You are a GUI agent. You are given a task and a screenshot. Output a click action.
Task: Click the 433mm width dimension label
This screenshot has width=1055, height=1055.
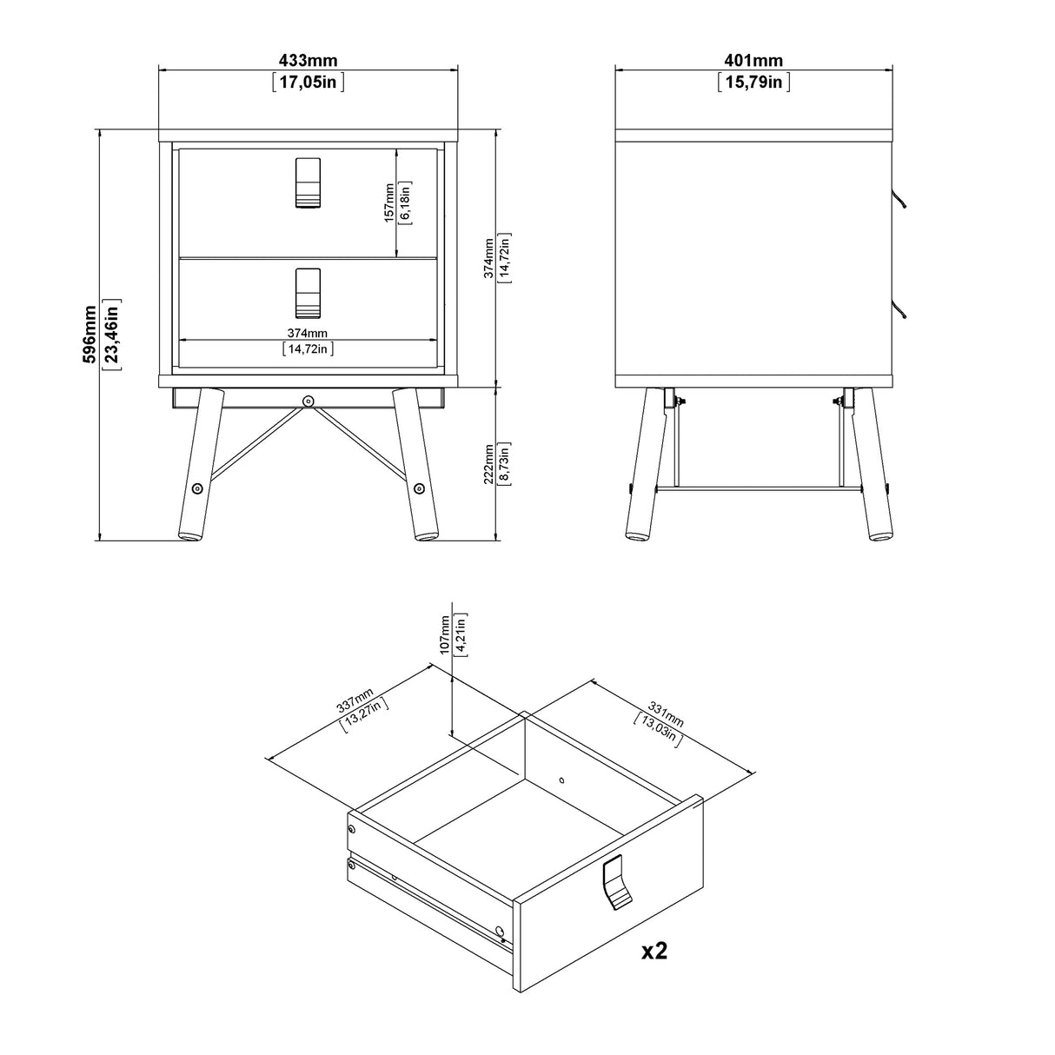click(308, 61)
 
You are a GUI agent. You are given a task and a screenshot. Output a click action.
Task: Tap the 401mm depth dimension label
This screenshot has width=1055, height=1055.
click(753, 61)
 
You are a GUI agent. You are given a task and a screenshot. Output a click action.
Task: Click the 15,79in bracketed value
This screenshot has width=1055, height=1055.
click(753, 83)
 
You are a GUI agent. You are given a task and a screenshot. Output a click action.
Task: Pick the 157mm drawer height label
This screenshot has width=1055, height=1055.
click(389, 202)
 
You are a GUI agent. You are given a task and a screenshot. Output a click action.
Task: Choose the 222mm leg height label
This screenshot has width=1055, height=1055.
click(488, 462)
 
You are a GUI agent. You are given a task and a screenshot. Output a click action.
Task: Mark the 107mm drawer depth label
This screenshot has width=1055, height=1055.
click(446, 634)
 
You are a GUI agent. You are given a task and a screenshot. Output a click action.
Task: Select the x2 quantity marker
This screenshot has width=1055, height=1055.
click(654, 952)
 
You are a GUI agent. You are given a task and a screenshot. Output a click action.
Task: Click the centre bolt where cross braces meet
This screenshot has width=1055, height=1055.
click(309, 401)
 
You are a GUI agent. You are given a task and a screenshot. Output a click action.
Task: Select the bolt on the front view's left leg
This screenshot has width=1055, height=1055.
click(197, 488)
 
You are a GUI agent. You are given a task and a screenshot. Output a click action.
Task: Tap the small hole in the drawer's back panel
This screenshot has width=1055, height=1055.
click(561, 779)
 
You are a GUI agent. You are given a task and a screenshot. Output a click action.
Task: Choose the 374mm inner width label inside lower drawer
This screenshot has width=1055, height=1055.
click(308, 333)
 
